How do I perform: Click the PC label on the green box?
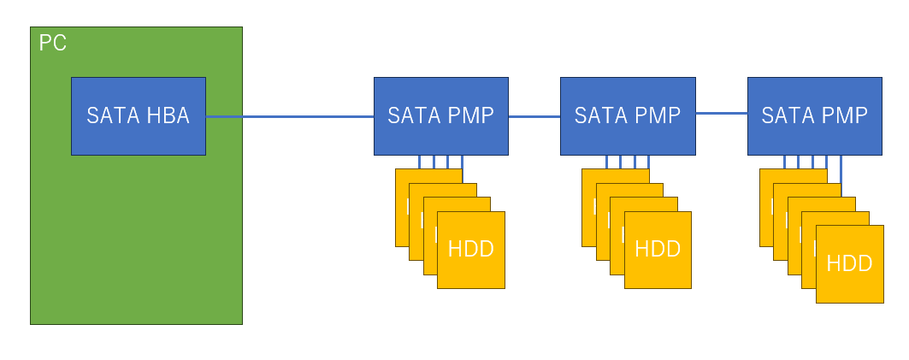[53, 43]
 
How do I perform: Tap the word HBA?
[168, 116]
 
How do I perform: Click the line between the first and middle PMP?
[534, 116]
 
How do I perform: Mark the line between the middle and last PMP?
[721, 112]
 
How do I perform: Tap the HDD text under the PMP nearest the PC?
[470, 249]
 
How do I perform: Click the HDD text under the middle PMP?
[658, 249]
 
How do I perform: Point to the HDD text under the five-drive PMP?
[849, 263]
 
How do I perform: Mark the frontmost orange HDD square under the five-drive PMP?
[849, 282]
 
